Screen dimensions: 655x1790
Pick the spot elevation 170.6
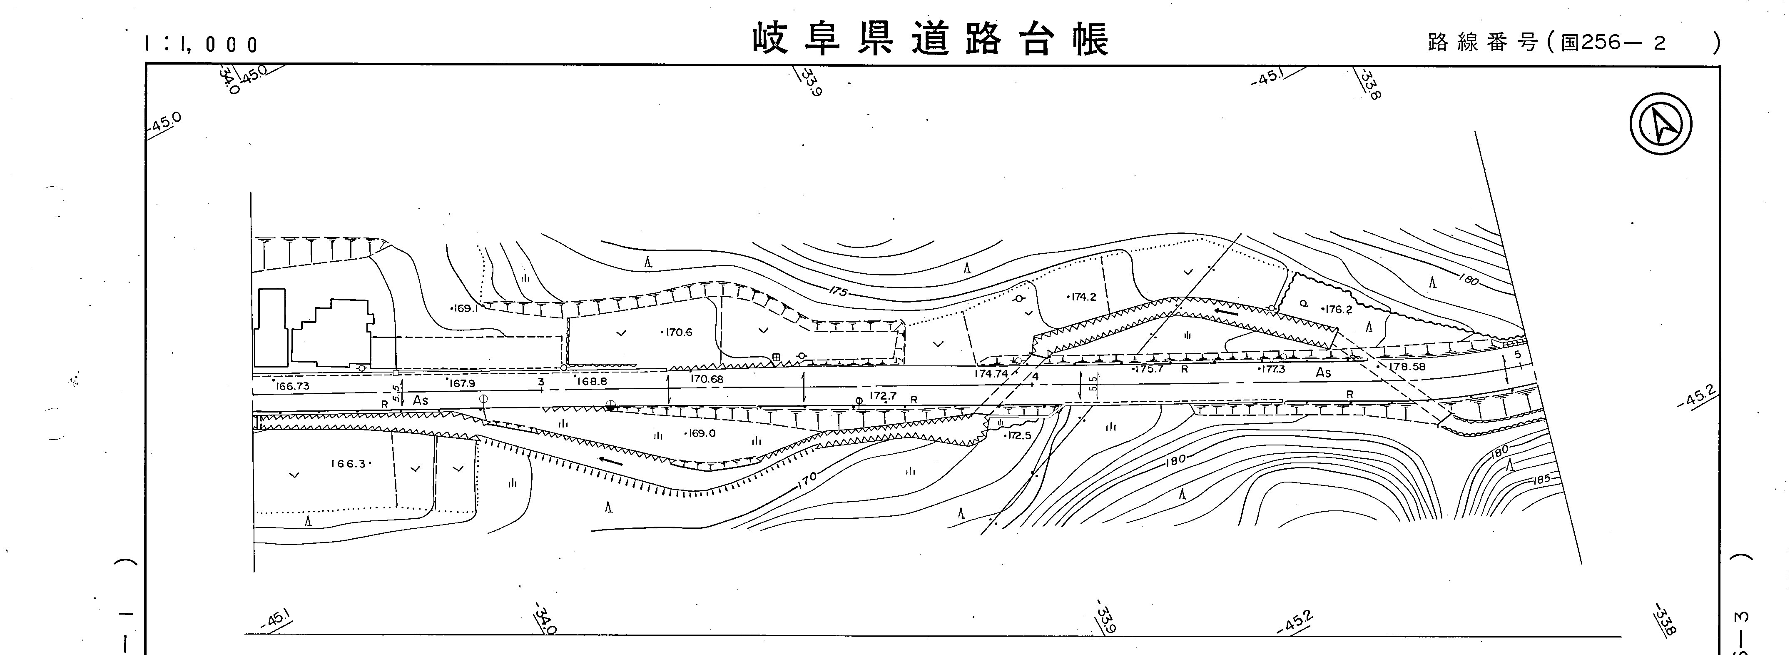coord(678,332)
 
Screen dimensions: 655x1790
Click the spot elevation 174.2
coord(1083,297)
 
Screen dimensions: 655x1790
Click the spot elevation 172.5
coord(1019,436)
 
